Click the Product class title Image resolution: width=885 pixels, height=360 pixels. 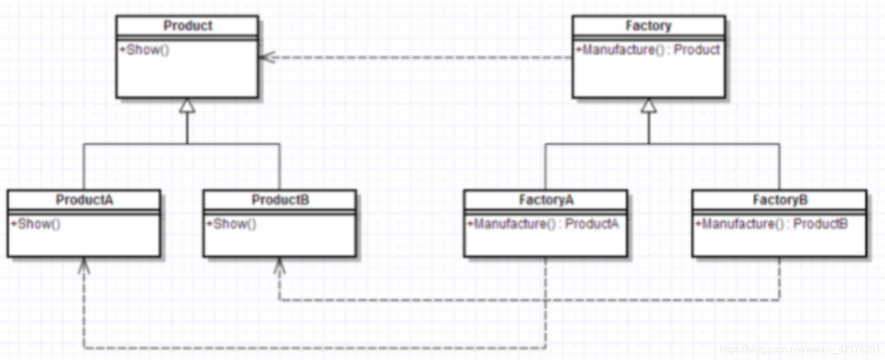coord(187,26)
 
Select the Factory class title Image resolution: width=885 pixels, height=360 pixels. coord(648,26)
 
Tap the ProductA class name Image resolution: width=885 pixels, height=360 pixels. coord(84,200)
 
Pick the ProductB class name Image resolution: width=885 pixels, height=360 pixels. coord(280,200)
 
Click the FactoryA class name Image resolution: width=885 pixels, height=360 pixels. coord(546,200)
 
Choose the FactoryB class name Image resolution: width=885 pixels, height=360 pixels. coord(779,200)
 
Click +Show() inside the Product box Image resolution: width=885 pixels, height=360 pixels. coord(145,50)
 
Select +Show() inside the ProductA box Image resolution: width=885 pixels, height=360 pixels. coord(36,224)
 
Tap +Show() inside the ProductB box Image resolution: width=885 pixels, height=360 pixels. coord(231,224)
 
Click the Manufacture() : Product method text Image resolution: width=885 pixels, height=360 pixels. coord(648,50)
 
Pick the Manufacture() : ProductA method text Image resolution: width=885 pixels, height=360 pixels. coord(543,224)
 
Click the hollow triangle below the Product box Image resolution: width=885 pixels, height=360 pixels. coord(187,105)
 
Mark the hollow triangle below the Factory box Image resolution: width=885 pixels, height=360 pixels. coord(649,105)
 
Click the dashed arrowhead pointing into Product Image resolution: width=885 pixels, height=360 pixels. coord(265,58)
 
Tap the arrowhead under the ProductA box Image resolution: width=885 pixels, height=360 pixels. coord(84,265)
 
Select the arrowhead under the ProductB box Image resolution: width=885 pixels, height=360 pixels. coord(280,265)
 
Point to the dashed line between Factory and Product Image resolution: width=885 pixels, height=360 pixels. coord(415,58)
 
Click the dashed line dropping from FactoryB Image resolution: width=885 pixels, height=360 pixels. coord(779,279)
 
